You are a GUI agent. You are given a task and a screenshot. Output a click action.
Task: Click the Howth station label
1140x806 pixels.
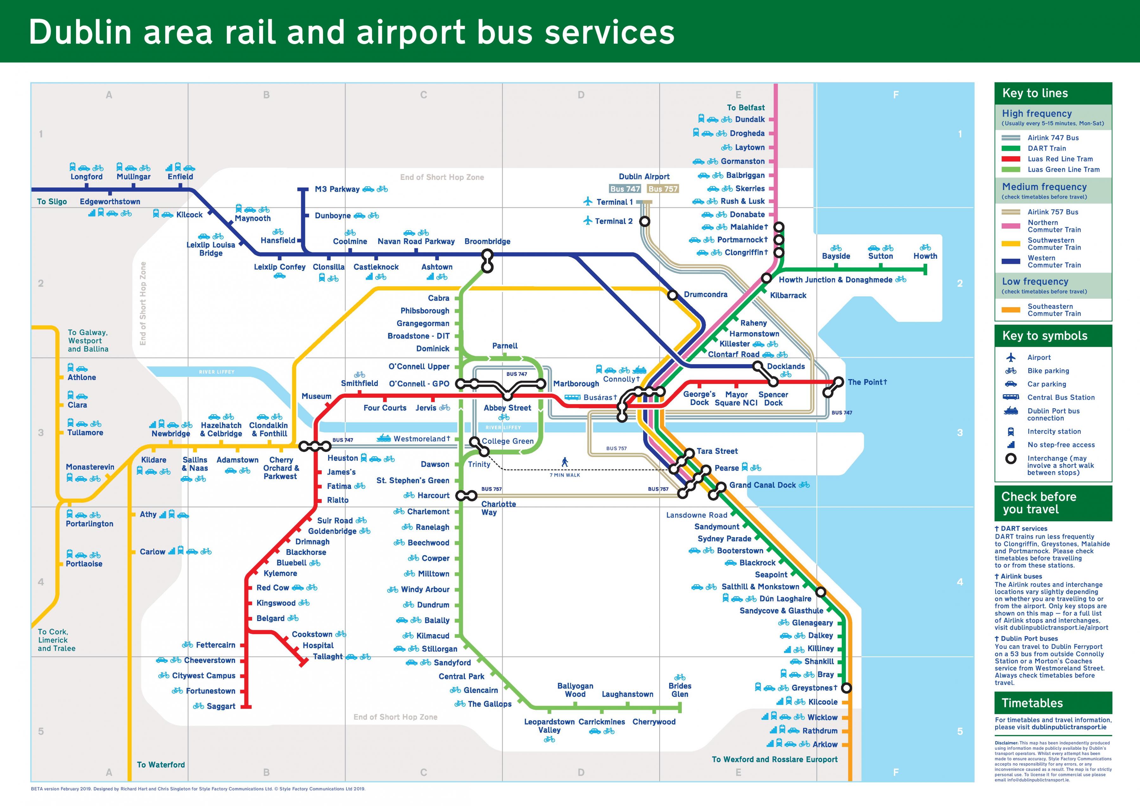(925, 256)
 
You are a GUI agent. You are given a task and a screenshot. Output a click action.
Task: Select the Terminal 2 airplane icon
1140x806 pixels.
(588, 220)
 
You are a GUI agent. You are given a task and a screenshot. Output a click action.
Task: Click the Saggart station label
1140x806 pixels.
(220, 706)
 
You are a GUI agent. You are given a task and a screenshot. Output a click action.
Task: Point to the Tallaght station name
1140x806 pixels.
(328, 657)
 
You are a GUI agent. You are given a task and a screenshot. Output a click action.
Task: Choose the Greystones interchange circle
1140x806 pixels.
(846, 688)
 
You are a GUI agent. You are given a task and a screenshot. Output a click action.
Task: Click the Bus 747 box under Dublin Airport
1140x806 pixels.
(625, 189)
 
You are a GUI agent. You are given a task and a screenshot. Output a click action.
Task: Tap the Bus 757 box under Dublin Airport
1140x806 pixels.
(663, 189)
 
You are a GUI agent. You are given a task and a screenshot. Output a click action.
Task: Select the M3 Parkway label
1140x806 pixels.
(337, 189)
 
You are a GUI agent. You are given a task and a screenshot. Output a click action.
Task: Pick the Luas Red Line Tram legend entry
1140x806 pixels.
(1060, 159)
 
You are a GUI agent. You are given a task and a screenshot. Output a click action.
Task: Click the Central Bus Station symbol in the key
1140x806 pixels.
(1011, 397)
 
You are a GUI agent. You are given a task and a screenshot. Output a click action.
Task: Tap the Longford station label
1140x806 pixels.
(86, 177)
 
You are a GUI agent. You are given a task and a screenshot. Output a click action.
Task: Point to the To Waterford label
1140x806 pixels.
(160, 765)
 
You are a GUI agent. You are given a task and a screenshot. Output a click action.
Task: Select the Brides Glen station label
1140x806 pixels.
(680, 690)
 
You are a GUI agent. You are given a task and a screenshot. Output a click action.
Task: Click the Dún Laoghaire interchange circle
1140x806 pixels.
(821, 592)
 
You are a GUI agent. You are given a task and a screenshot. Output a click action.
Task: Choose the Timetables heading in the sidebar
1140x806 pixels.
(1032, 703)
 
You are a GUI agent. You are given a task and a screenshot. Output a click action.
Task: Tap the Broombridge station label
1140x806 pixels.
(487, 241)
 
